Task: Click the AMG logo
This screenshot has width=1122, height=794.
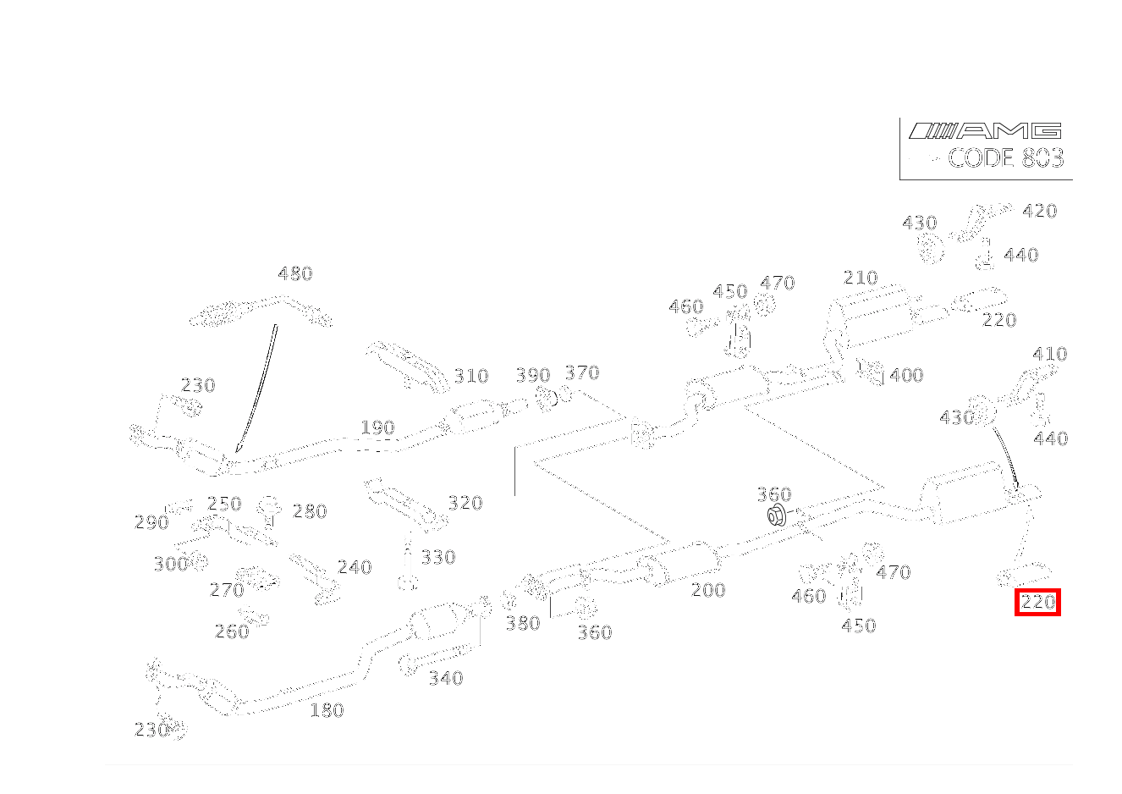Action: point(984,130)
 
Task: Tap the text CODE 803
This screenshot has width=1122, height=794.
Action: point(1005,158)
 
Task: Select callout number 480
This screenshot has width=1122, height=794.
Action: point(295,273)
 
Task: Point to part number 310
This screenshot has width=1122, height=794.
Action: point(471,377)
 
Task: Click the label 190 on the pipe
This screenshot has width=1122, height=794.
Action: point(377,427)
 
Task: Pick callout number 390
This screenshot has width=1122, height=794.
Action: point(533,375)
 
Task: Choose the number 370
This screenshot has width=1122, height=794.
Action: point(581,372)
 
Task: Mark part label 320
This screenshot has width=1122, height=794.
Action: point(465,503)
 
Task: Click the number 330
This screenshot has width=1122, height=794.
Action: point(438,557)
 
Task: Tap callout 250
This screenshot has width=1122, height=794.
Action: point(224,504)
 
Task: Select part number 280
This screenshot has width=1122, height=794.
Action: point(309,511)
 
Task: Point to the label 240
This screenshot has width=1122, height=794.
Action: point(355,568)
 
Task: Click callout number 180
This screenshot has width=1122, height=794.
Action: point(327,710)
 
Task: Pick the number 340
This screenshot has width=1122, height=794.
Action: point(446,678)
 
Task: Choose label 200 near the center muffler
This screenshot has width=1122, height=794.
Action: point(708,590)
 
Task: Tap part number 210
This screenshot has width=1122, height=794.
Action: point(861,278)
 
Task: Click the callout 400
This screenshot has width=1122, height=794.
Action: point(906,375)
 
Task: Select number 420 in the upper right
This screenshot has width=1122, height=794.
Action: point(1040,211)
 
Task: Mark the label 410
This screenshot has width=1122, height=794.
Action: point(1050,354)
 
